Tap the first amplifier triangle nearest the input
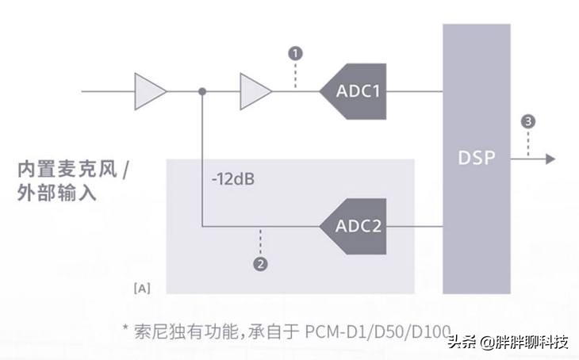pos(149,90)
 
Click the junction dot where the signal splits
pos(203,91)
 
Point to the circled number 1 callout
pos(296,53)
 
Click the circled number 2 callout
pos(259,262)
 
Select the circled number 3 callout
pos(528,121)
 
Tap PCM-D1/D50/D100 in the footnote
pos(378,329)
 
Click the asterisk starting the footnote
pos(125,329)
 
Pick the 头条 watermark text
pos(461,343)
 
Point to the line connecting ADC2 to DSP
pos(414,227)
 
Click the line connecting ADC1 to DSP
pos(414,91)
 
